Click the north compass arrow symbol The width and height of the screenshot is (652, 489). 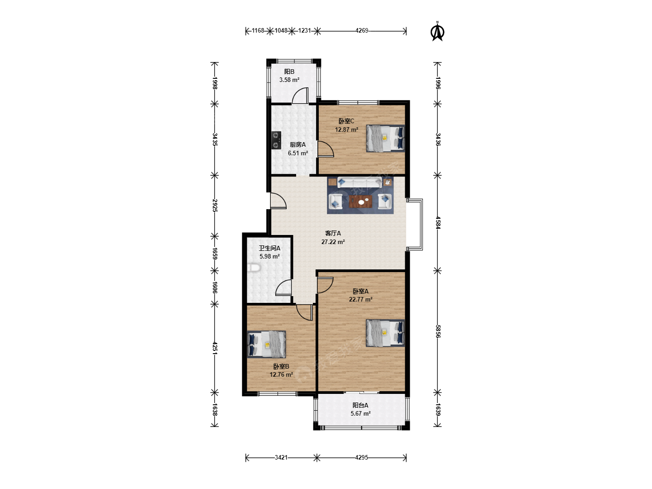coord(437,32)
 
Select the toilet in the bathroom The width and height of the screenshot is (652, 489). coord(254,268)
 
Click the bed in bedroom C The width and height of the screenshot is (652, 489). coord(385,139)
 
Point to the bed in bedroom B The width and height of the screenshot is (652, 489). coord(266,345)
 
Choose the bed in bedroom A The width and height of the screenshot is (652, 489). coord(385,333)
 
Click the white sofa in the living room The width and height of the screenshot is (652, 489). coord(360,182)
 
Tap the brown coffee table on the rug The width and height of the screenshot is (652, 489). coord(360,202)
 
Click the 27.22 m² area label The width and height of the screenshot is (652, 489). coord(333,242)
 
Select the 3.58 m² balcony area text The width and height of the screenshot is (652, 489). coord(289,80)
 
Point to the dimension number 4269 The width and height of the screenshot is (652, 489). coord(362,31)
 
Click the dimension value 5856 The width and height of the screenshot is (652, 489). coord(438,331)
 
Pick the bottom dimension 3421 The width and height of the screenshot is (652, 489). coord(281,457)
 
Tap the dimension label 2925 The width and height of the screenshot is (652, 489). coord(215,206)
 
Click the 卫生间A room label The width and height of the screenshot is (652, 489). coord(269,248)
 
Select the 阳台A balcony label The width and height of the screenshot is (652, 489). coord(360,405)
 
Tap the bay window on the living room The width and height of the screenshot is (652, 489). coord(415,225)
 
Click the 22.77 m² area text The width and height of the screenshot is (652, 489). coord(360,300)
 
